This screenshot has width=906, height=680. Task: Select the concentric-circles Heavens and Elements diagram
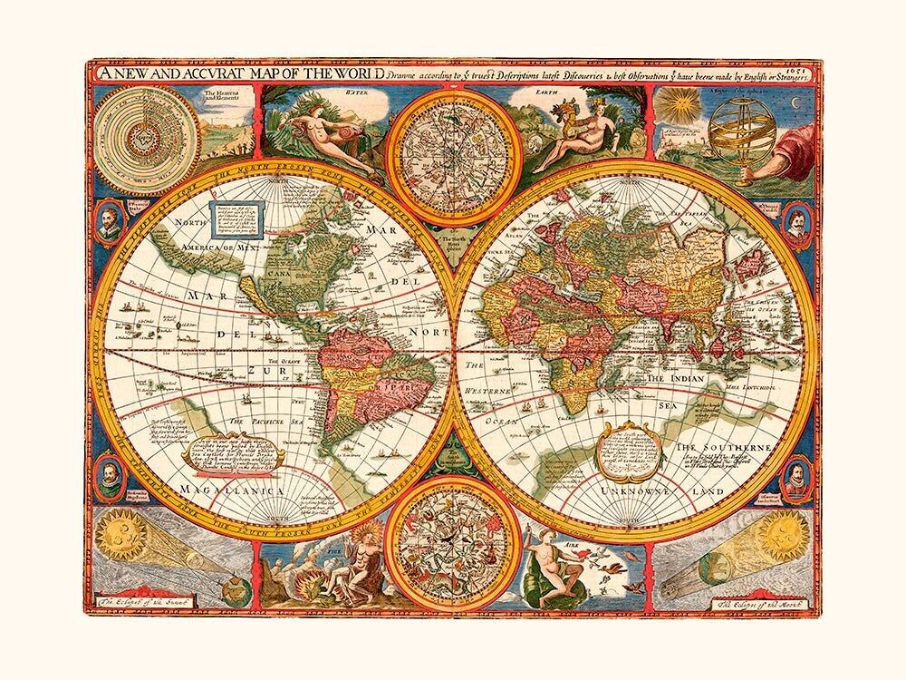[x=138, y=128]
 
